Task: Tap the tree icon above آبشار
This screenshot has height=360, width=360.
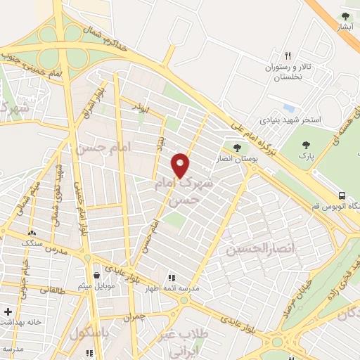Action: (345, 16)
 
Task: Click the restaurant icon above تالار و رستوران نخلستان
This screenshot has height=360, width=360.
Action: (288, 56)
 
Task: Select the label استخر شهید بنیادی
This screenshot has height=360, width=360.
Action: (290, 120)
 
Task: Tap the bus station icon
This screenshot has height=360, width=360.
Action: (342, 195)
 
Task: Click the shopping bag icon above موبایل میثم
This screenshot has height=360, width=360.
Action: (97, 275)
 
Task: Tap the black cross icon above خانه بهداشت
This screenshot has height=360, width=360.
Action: (8, 311)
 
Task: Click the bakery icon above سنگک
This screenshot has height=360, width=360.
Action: (31, 232)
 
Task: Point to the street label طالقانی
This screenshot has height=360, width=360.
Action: (54, 288)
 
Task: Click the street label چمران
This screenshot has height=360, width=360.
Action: (132, 318)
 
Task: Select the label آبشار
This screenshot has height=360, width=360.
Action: (345, 27)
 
